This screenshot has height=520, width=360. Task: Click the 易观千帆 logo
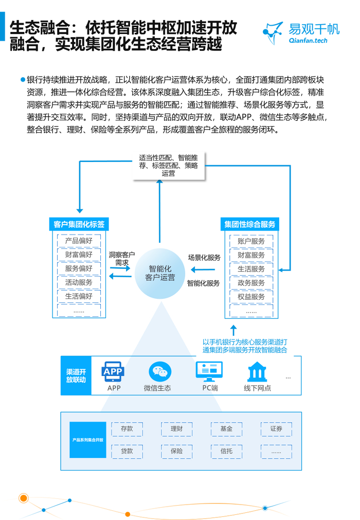point(301,33)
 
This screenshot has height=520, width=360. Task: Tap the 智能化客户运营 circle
point(160,273)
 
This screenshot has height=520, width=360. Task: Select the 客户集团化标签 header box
point(79,224)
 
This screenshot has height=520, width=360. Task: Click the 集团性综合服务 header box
point(250,224)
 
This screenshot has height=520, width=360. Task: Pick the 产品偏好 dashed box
point(79,240)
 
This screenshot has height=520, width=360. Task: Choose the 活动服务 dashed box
point(79,282)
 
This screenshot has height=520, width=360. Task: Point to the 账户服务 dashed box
point(251,241)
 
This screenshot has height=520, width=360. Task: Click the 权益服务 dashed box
point(251,297)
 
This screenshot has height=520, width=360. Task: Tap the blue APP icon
point(113,371)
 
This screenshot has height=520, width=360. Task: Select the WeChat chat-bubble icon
point(160,371)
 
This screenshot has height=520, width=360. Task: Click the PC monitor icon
point(209,371)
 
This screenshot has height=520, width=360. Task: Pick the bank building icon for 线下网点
point(257,372)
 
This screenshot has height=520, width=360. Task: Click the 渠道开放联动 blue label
point(76,376)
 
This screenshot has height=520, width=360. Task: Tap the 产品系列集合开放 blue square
point(88,440)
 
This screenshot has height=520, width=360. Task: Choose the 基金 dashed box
point(226,429)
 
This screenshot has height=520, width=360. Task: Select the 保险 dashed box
point(177,451)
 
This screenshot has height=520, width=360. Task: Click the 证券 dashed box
point(276,429)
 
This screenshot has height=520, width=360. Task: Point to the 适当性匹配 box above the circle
point(169,166)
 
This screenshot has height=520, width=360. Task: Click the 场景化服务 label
point(204,258)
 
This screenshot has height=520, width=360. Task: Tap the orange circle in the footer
point(23,498)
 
